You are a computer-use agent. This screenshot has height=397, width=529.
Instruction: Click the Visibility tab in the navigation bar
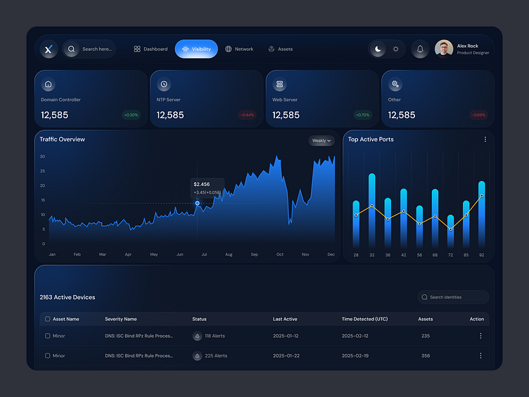click(196, 49)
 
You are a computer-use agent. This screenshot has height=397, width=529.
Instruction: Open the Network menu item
click(239, 49)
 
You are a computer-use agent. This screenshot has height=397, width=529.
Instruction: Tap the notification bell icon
click(420, 49)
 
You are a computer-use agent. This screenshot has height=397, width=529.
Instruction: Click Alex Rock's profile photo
click(444, 49)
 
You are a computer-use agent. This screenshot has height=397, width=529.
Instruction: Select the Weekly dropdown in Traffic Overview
click(321, 141)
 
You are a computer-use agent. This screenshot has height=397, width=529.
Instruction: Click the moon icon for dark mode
click(378, 49)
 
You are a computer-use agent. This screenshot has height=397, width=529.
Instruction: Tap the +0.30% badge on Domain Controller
click(131, 115)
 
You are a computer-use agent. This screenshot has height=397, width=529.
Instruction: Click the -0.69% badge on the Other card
click(478, 115)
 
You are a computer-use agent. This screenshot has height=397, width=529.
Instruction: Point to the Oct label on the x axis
click(280, 254)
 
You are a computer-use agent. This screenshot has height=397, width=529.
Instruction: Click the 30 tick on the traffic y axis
click(42, 156)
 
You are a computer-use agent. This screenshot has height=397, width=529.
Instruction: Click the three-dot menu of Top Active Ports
click(485, 139)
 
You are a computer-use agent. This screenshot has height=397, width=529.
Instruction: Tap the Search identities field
click(453, 297)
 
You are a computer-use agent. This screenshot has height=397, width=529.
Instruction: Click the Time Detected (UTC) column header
click(364, 319)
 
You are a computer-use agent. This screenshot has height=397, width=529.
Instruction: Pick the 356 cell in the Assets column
click(426, 355)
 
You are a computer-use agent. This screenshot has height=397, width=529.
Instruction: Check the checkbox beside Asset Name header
click(48, 319)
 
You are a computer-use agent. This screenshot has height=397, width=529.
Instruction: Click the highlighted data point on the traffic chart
click(197, 203)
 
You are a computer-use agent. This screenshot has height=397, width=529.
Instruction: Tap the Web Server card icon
click(279, 84)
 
